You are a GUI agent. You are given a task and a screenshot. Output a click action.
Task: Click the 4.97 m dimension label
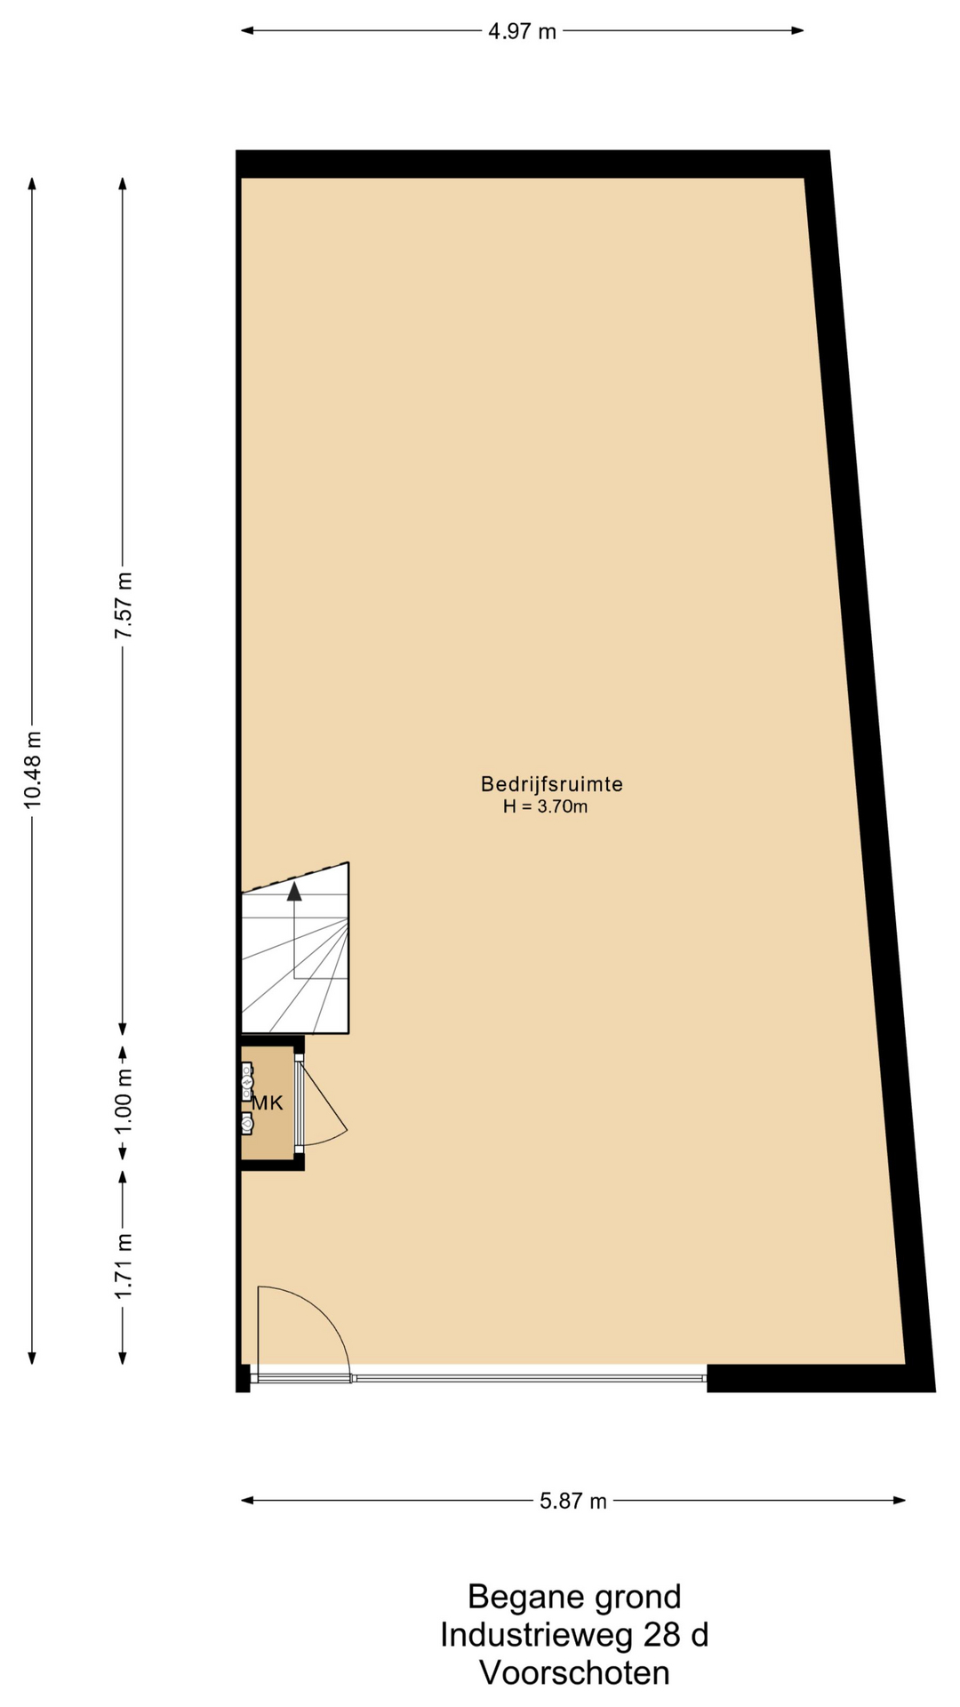522,32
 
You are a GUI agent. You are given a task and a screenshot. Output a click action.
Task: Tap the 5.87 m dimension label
573,1501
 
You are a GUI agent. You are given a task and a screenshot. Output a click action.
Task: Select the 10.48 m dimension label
33,769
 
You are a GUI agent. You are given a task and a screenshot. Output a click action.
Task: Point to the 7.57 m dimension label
124,605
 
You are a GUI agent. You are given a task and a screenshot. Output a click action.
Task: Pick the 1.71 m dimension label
124,1265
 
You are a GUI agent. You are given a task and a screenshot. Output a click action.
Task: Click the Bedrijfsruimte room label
552,784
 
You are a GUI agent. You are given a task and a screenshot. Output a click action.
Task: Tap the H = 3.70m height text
546,807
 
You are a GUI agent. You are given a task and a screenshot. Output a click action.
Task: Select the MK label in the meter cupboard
267,1103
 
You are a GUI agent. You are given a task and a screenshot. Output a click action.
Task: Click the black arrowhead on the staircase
294,892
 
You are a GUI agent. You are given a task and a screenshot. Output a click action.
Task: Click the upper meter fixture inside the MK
247,1082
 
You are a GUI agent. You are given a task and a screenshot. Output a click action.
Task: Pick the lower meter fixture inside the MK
247,1124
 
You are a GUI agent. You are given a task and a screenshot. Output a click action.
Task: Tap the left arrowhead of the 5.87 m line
247,1501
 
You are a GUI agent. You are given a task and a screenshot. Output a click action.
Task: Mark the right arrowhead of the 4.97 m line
798,31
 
